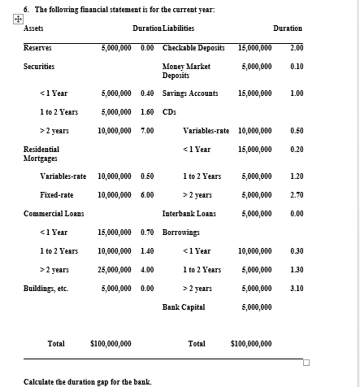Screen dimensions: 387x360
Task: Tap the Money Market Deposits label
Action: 186,71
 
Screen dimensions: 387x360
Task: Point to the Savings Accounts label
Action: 190,93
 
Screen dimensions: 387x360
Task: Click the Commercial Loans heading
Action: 50,214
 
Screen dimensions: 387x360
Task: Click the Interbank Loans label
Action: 189,214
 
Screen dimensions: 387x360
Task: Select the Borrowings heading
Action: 181,233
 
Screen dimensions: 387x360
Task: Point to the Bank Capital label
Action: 184,307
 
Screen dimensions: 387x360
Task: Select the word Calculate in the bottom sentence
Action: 40,381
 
